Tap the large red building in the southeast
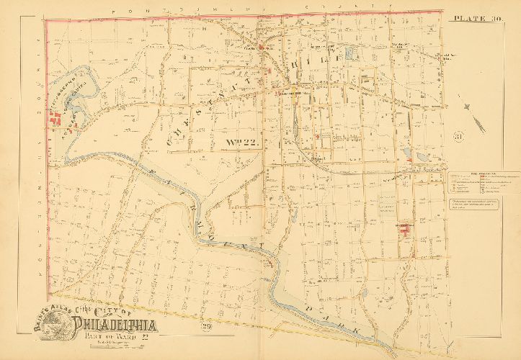tap(404, 230)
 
